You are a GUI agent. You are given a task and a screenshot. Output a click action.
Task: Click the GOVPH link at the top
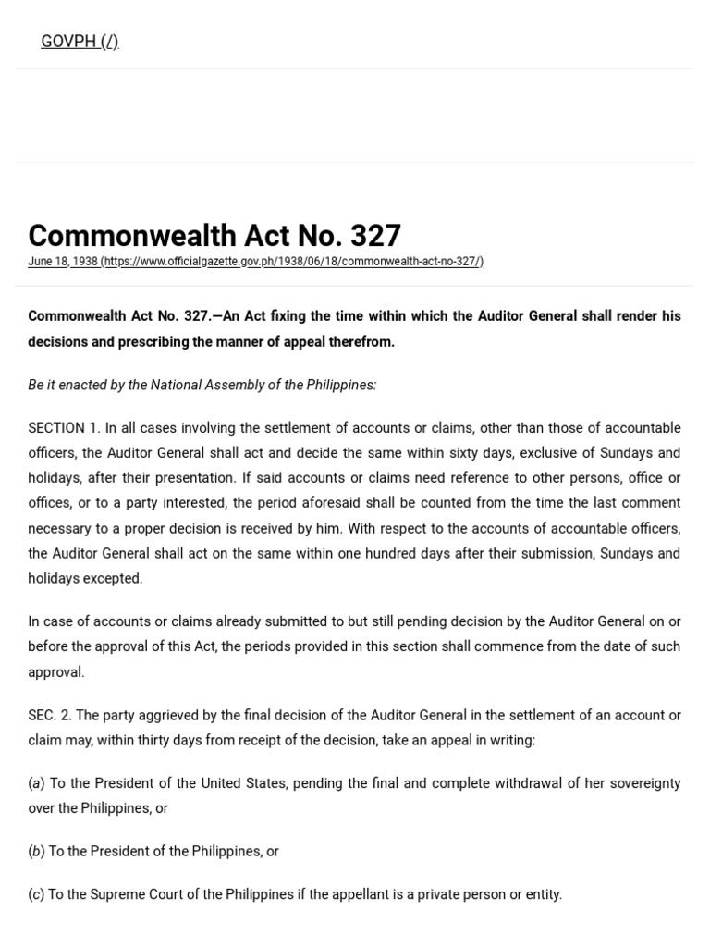point(80,42)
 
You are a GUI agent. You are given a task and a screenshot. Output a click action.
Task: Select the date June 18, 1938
point(62,262)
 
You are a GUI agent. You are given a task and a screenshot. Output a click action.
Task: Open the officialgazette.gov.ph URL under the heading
point(293,262)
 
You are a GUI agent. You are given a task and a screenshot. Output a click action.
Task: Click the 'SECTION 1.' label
point(63,428)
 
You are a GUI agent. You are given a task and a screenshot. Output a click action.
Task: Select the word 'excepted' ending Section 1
point(115,579)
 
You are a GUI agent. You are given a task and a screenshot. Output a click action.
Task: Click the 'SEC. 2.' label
point(49,716)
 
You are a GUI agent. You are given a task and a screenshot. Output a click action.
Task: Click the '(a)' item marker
point(36,783)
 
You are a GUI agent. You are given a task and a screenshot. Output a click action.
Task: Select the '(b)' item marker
point(36,852)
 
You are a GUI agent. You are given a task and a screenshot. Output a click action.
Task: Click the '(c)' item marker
point(36,894)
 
